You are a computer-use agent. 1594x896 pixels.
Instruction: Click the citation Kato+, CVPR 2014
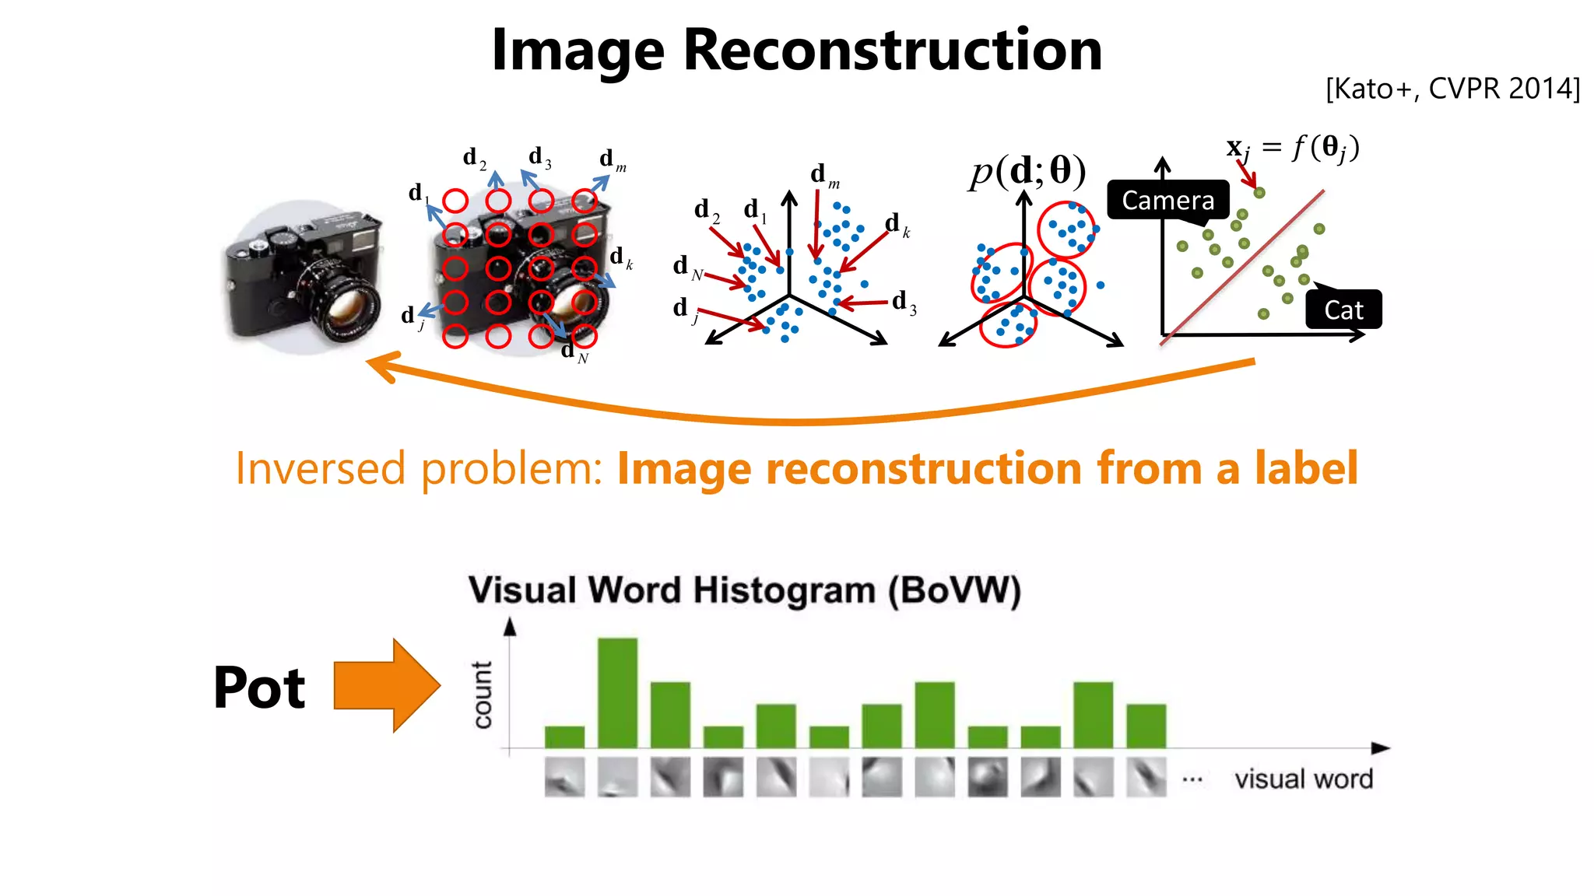tap(1452, 89)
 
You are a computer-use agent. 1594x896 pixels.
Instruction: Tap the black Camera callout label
tap(1167, 201)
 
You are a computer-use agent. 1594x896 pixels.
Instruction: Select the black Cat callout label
tap(1343, 310)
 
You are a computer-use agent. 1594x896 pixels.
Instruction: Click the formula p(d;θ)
tap(1027, 171)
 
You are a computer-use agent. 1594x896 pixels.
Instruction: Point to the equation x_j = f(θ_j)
tap(1293, 147)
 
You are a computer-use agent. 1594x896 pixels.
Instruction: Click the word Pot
tap(259, 688)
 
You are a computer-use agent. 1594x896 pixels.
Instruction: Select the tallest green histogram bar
tap(617, 692)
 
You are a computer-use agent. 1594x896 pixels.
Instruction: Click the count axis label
tap(483, 695)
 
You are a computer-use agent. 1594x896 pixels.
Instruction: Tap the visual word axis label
tap(1304, 779)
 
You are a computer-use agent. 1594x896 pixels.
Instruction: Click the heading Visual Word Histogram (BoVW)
tap(744, 590)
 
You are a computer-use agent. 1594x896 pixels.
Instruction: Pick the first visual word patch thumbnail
tap(564, 777)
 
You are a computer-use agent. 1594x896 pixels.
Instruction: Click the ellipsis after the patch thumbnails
tap(1192, 779)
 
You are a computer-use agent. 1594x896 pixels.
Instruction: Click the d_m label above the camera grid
tap(612, 159)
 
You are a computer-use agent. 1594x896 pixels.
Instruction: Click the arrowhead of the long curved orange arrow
tap(379, 366)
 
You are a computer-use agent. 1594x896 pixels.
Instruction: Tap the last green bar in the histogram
tap(1146, 726)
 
